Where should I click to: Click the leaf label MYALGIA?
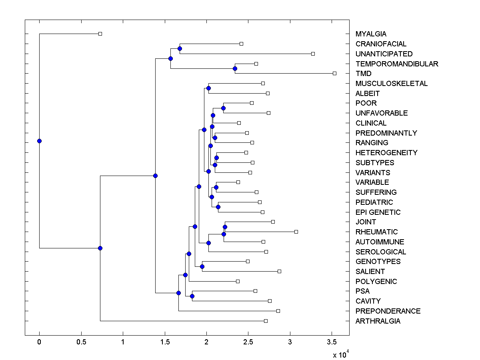(371, 34)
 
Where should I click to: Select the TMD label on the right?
(363, 74)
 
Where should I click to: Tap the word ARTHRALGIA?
(378, 321)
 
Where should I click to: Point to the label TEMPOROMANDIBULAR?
(397, 64)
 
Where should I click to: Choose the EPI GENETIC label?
(378, 212)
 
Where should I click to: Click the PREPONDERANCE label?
(388, 311)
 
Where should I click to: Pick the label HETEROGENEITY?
(386, 153)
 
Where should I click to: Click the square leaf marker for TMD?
(335, 73)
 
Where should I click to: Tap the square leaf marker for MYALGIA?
(100, 34)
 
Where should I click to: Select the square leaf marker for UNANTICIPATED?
(313, 54)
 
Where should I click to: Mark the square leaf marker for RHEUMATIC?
(296, 232)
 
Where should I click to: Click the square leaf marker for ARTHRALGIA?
(266, 321)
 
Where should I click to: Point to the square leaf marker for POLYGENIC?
(238, 281)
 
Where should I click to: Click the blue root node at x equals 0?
(39, 141)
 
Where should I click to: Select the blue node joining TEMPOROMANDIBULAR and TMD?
(235, 68)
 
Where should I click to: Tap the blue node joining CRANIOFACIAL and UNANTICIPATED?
(180, 48)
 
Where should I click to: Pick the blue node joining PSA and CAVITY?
(192, 296)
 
